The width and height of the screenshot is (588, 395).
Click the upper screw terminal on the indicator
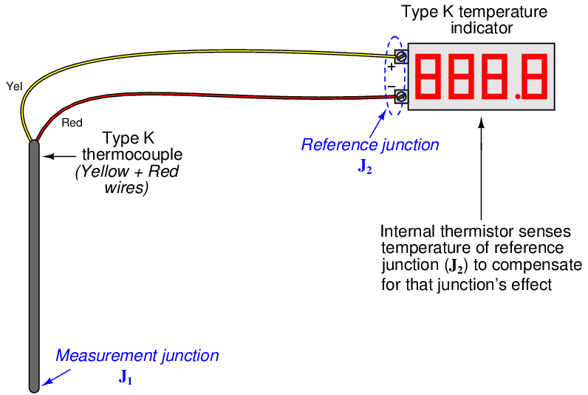[400, 56]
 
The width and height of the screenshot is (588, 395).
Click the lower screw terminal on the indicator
[400, 95]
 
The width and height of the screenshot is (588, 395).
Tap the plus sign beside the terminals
[391, 67]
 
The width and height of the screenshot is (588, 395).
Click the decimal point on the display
[518, 96]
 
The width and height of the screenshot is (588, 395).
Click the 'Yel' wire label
[14, 86]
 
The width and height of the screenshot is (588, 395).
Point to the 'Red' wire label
[72, 123]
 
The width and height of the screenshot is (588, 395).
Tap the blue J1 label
[126, 378]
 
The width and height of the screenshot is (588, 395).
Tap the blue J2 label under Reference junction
[365, 167]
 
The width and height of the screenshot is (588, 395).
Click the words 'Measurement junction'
[137, 356]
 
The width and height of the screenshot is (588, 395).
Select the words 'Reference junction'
[369, 145]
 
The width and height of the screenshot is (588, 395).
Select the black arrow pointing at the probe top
[60, 155]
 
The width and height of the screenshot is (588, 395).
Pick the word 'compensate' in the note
[542, 266]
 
